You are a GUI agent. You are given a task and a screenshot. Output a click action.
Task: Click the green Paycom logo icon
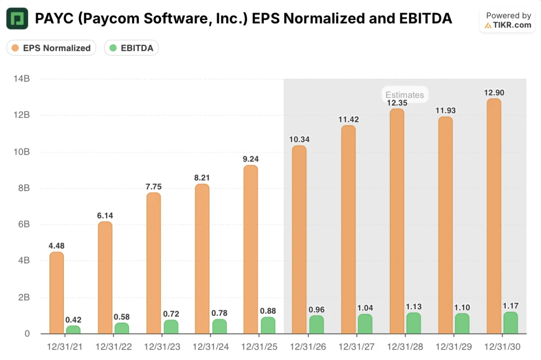tap(17, 19)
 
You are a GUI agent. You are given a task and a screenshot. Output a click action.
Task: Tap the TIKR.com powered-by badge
tap(508, 21)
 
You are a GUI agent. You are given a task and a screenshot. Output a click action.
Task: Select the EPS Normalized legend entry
tap(51, 48)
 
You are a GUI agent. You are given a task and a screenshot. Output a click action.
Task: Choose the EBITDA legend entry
tap(132, 48)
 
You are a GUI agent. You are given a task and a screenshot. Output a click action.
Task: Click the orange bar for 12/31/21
tap(57, 293)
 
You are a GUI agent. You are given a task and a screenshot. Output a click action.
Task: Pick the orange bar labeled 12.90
tap(493, 216)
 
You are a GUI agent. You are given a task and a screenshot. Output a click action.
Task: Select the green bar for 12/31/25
tap(268, 325)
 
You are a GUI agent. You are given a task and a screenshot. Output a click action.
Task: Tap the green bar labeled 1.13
tap(414, 323)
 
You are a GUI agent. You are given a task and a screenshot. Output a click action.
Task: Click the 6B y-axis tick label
tap(23, 224)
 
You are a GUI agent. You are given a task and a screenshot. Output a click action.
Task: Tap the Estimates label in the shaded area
tap(404, 95)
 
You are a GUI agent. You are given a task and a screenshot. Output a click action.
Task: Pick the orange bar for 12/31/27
tap(348, 230)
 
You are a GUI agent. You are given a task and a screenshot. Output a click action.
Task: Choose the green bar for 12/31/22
tap(122, 328)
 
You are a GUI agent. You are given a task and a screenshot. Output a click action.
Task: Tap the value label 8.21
tap(202, 177)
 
